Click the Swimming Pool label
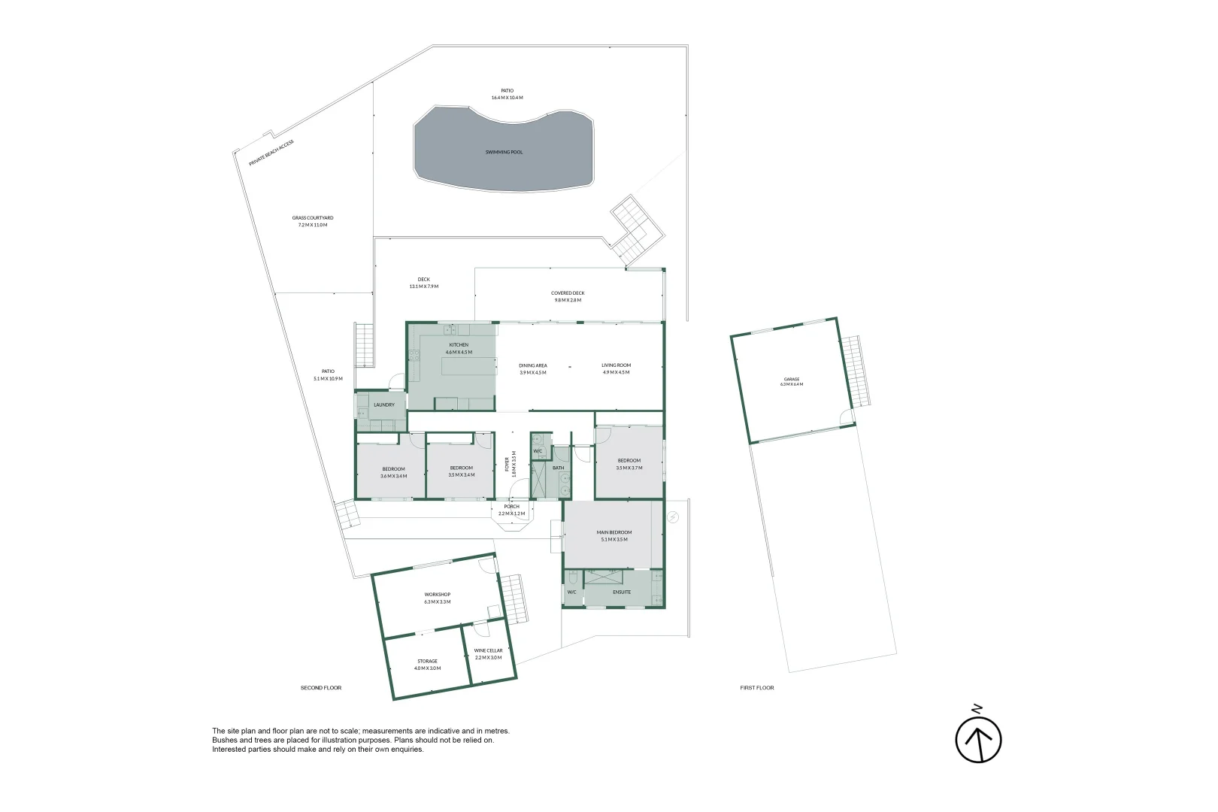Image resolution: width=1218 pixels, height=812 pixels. (x=504, y=152)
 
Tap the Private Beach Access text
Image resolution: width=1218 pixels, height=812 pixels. (x=271, y=153)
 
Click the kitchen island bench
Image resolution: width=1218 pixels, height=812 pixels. (x=469, y=367)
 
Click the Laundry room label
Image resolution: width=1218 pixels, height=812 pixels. (x=383, y=404)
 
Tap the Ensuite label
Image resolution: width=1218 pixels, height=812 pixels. (x=622, y=592)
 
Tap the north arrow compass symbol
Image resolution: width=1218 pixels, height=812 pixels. (x=978, y=738)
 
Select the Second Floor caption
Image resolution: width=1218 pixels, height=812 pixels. (x=321, y=687)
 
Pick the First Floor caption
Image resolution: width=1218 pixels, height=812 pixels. (x=756, y=687)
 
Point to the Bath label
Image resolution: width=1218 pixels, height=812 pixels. (x=558, y=468)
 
